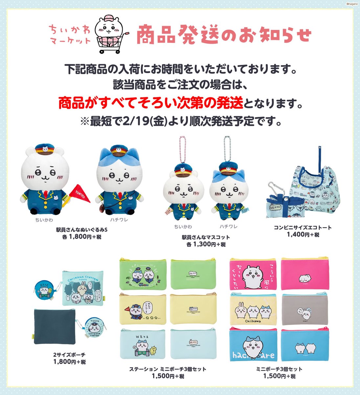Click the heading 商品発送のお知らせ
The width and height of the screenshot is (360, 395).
[x=223, y=35]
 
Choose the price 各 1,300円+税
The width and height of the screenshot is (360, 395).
[x=206, y=244]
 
